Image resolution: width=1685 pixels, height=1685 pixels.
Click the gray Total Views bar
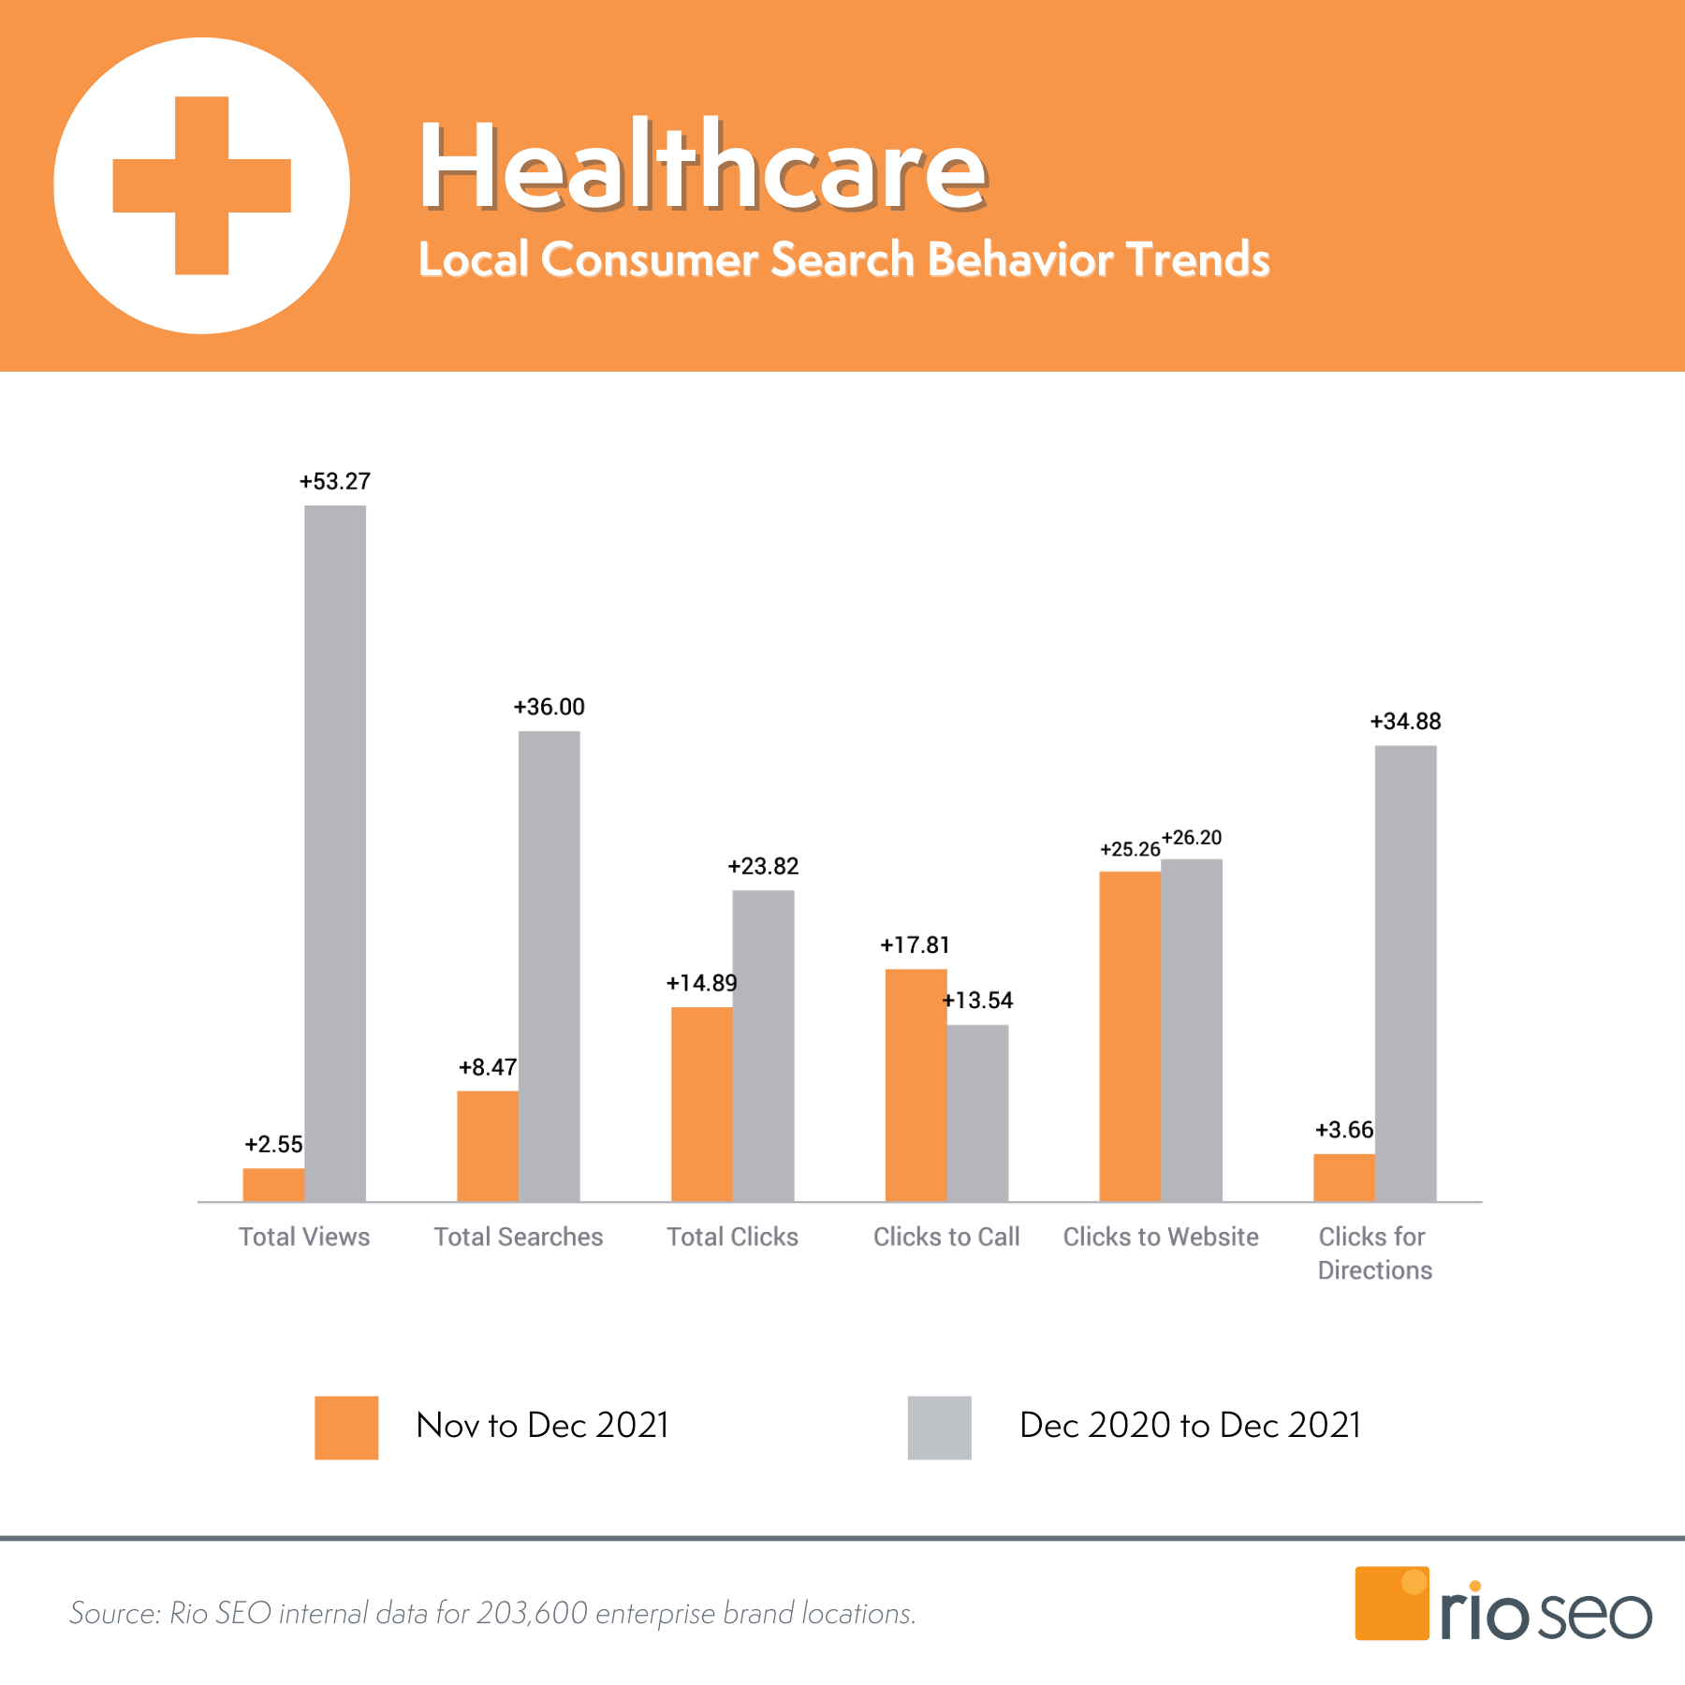335,852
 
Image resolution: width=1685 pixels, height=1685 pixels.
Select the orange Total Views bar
273,1184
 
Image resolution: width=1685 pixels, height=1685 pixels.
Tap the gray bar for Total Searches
549,964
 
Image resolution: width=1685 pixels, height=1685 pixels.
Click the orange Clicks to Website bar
1129,1035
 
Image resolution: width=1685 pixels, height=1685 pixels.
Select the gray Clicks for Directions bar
1405,974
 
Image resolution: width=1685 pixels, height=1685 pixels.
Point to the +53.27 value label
335,481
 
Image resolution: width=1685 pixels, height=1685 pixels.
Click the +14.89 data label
701,983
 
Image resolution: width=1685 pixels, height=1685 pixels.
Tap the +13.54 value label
977,1001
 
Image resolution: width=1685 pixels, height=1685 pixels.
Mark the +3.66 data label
1344,1130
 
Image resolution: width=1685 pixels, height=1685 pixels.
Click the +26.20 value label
1192,838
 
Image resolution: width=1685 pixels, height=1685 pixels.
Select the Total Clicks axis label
732,1237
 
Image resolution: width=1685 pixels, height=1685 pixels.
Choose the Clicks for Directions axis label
1374,1253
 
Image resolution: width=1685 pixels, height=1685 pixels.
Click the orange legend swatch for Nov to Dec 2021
346,1428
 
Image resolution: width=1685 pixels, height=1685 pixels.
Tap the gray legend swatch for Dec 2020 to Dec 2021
939,1428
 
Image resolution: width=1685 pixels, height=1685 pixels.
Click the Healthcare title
702,167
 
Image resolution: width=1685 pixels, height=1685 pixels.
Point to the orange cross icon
202,185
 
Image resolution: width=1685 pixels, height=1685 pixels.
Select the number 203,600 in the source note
532,1613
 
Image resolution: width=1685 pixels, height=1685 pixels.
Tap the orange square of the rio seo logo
1391,1604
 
